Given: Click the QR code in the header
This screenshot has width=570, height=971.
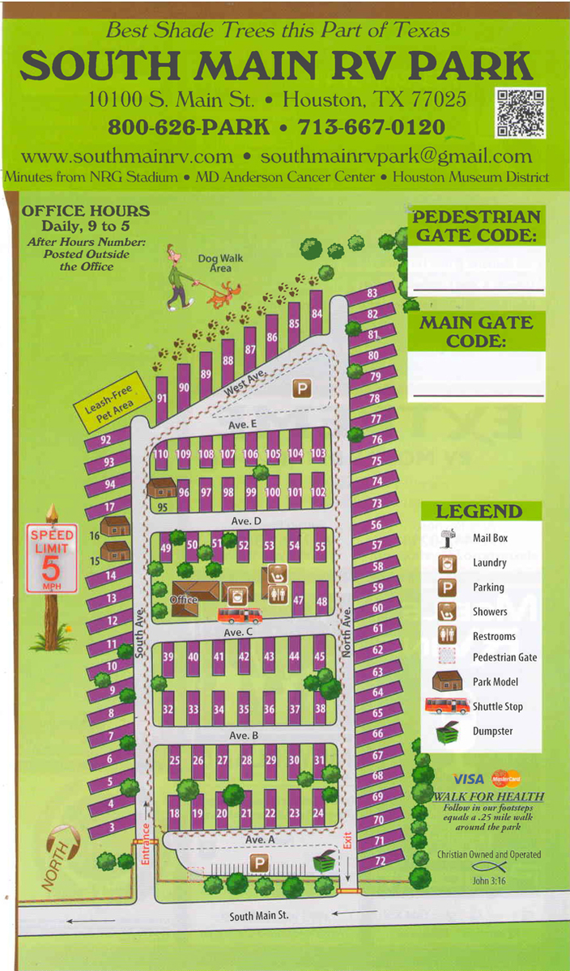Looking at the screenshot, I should point(520,112).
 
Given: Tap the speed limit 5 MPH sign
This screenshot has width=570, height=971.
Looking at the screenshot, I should point(53,558).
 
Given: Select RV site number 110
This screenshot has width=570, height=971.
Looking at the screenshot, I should point(160,454).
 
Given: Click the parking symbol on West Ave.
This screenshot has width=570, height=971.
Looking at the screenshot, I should point(301,389).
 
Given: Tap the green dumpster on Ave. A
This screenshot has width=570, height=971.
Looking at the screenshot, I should point(324,863).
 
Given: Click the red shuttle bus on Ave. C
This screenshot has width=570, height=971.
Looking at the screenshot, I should point(240,614).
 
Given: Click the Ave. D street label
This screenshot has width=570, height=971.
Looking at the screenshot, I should point(241,521).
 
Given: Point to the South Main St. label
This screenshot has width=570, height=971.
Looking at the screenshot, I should point(258,916).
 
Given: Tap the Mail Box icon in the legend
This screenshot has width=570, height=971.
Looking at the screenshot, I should point(447,538).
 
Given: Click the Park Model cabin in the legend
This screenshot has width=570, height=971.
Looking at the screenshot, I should point(447,681).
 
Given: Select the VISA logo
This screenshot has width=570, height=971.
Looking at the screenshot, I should point(468,779).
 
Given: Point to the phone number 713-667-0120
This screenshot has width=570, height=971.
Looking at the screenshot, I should point(372,127).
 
